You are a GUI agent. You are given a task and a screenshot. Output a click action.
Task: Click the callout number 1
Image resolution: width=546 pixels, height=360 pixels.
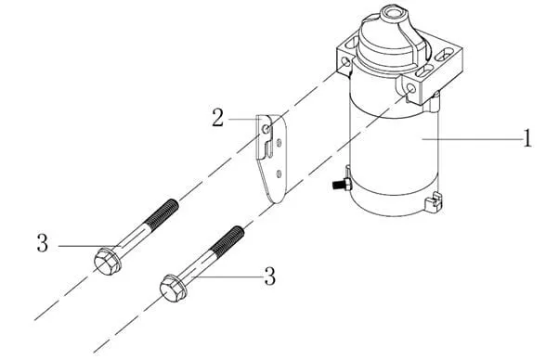527,138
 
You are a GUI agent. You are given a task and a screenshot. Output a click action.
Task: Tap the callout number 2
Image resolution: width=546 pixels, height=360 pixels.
218,118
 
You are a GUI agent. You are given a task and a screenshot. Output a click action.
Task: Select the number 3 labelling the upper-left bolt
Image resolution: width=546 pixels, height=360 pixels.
43,243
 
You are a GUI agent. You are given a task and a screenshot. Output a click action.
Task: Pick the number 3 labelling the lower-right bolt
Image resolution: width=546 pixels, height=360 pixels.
270,276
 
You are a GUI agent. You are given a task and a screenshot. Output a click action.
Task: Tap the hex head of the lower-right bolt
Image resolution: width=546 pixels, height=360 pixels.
173,289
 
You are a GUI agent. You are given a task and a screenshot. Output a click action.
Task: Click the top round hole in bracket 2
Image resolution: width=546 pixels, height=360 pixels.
266,129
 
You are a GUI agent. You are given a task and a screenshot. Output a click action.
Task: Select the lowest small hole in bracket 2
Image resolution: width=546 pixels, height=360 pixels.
279,174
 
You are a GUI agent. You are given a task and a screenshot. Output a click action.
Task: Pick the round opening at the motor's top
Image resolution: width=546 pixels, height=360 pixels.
390,13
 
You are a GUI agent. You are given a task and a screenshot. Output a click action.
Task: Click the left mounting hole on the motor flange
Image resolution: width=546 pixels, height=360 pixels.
346,62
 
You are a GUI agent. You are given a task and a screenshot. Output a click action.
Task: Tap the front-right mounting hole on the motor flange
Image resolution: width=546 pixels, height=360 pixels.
410,88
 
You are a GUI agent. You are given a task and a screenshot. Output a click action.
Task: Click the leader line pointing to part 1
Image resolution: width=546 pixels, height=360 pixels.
472,139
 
